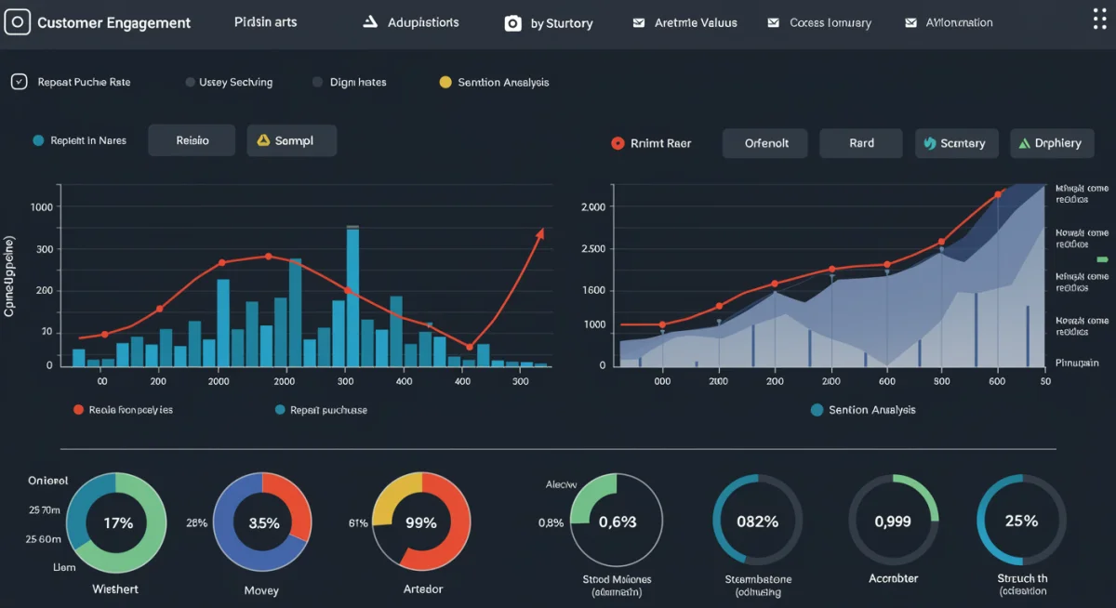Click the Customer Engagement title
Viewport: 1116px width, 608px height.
point(113,23)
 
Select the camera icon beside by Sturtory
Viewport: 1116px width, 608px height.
point(512,23)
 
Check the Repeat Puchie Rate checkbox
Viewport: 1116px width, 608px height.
point(19,82)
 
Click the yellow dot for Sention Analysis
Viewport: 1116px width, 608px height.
point(445,82)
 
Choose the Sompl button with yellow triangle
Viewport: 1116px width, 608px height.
point(291,140)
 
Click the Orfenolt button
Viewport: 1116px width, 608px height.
point(766,143)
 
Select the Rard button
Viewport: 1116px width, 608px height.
point(860,143)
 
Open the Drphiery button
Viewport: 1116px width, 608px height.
point(1051,143)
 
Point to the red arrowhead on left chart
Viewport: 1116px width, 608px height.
point(539,232)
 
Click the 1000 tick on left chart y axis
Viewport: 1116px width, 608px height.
point(43,208)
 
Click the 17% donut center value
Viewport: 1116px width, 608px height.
point(119,522)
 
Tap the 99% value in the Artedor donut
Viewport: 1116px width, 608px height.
point(421,522)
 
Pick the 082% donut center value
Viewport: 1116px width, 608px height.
point(757,522)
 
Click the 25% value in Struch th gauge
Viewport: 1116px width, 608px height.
point(1021,521)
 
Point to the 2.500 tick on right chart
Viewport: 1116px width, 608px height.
point(593,249)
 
